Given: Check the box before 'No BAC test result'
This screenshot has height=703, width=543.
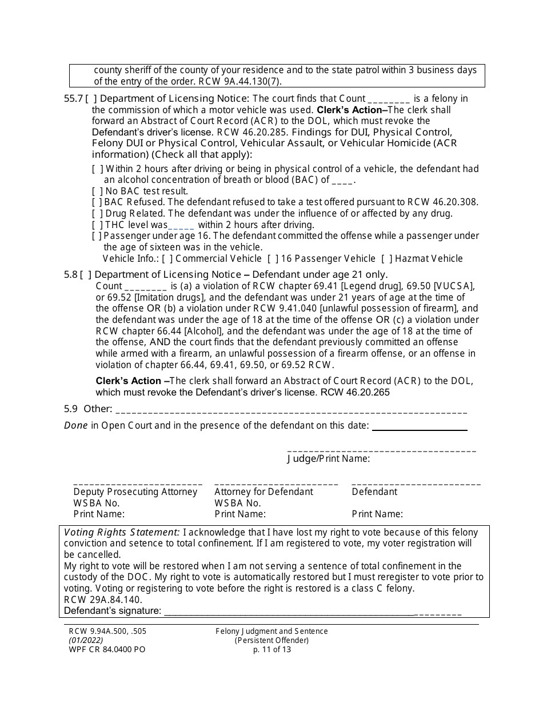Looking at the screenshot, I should tap(97, 191).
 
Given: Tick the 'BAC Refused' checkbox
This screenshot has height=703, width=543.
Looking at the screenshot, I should tap(97, 202).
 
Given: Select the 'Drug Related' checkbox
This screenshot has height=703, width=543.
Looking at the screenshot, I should tap(97, 214).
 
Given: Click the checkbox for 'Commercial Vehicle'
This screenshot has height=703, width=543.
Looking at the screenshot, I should tap(167, 258).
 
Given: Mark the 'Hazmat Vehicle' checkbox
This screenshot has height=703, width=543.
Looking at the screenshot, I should tap(387, 258).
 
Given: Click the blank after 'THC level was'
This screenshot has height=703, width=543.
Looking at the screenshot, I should tap(181, 225).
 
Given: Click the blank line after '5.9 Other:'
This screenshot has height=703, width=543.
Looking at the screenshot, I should tap(291, 410).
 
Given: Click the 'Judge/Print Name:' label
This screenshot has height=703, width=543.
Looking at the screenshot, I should tap(328, 458).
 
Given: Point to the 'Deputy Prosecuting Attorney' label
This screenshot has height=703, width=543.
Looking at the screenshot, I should tap(135, 492).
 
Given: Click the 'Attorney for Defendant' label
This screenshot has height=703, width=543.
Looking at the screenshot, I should tap(263, 492).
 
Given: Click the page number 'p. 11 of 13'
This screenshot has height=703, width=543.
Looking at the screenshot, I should tap(271, 649).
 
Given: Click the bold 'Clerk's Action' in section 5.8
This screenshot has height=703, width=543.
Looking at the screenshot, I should tap(129, 381).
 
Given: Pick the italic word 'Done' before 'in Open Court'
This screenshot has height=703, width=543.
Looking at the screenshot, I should tap(76, 425).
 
